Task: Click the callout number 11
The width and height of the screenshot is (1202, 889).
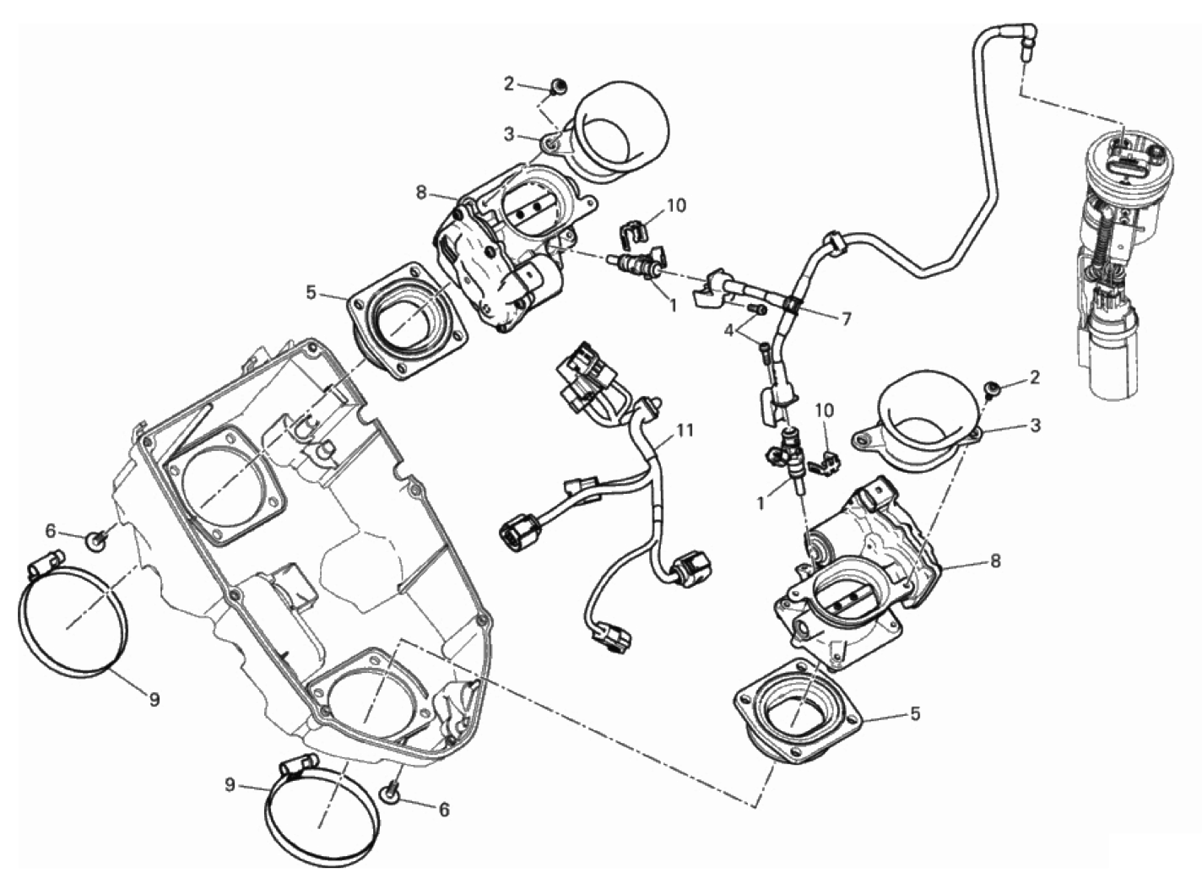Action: point(685,431)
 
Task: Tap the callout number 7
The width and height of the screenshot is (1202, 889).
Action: point(846,318)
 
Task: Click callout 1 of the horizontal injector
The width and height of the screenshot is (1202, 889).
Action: point(673,306)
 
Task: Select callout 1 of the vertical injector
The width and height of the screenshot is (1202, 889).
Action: point(761,502)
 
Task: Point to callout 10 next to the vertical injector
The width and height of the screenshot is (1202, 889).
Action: point(824,410)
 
